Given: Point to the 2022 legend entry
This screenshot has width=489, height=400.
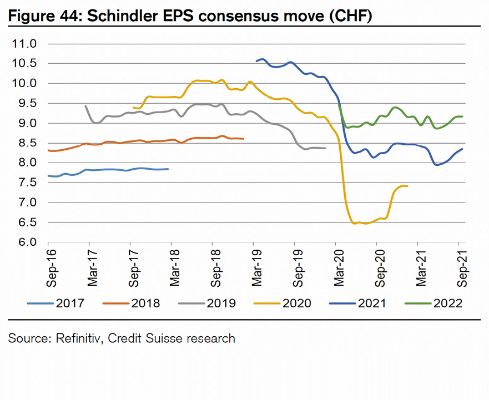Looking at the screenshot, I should point(448,303).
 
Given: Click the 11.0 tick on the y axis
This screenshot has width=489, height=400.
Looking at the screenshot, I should point(24,44).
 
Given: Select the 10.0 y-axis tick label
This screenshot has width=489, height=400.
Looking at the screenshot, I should point(24,84).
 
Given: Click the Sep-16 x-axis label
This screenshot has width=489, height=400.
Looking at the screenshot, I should point(52,269).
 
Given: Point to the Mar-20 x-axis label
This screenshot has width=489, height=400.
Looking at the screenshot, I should point(339,269).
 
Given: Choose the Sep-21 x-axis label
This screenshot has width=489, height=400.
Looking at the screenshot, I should point(462,269).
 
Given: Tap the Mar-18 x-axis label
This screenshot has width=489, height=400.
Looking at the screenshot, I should point(175,269).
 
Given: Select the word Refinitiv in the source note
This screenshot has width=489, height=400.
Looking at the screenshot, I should point(77,338).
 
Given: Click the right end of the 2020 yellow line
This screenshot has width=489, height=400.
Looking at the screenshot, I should point(407,186).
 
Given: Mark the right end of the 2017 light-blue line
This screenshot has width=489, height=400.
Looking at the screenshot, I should point(168,169).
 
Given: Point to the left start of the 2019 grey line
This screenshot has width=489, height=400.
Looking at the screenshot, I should point(85,105).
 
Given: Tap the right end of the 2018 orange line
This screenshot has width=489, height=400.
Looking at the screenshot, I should point(243,139).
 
